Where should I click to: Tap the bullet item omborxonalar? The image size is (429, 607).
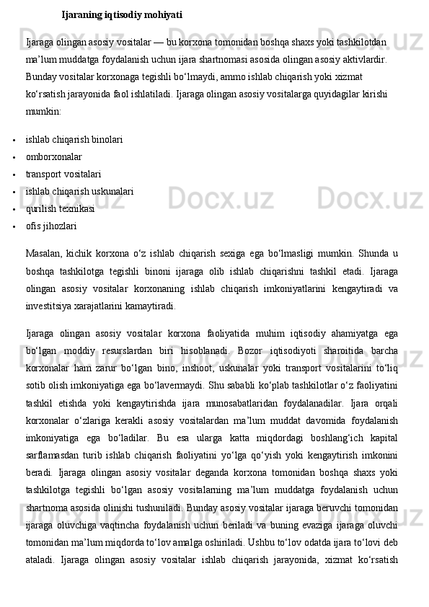point(53,156)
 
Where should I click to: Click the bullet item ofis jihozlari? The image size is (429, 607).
point(51,226)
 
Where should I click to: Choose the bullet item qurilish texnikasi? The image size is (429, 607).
point(60,208)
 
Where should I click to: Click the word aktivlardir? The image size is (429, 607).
point(363,59)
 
